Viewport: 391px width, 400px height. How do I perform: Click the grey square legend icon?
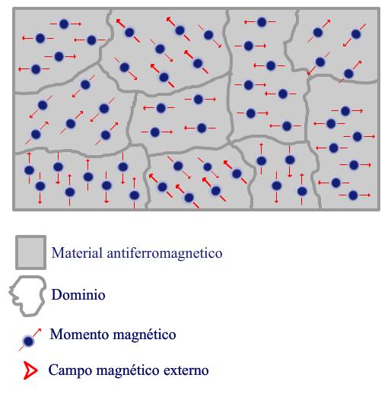(x=31, y=252)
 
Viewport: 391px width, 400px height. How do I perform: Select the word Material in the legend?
(x=77, y=252)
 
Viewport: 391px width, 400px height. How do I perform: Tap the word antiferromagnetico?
(x=164, y=253)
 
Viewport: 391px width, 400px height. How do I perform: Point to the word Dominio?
(x=78, y=294)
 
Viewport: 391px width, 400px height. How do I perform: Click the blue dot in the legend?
(x=28, y=341)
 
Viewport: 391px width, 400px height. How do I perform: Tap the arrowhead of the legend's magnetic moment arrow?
(x=40, y=330)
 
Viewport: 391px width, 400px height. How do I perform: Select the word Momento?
(x=80, y=334)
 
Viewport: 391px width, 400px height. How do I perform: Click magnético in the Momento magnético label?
(x=145, y=335)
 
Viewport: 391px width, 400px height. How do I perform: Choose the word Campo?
(x=70, y=370)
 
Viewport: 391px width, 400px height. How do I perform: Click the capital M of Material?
(x=57, y=253)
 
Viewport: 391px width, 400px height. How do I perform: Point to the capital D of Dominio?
(x=56, y=294)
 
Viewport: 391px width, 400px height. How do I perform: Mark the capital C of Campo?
(x=52, y=370)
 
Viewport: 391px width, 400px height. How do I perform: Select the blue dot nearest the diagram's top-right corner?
(x=356, y=33)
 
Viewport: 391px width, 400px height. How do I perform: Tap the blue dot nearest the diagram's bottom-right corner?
(x=353, y=195)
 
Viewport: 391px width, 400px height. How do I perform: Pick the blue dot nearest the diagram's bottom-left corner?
(x=40, y=186)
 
